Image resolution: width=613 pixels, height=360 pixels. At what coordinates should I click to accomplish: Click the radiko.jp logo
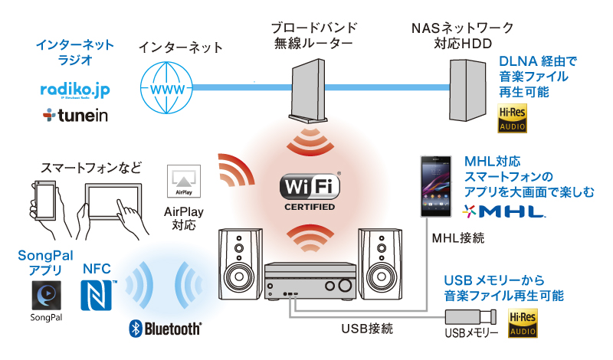pos(75,90)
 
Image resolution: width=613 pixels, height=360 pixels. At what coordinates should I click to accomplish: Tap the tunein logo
pos(75,115)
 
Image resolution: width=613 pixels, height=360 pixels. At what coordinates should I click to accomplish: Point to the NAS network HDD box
pos(467,89)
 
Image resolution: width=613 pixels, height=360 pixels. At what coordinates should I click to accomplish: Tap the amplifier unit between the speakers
pos(310,282)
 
